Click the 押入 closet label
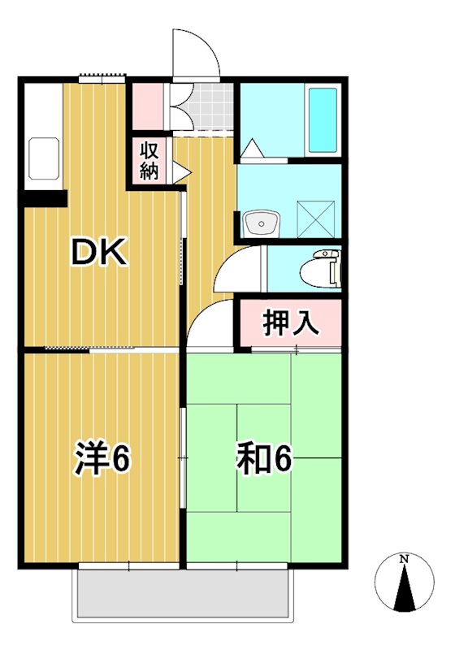pos(289,323)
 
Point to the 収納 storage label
pos(149,160)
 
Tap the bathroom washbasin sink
pos(261,220)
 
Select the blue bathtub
pos(323,119)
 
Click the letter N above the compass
pos(404,558)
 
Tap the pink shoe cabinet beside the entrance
pos(149,106)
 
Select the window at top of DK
pos(103,78)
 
